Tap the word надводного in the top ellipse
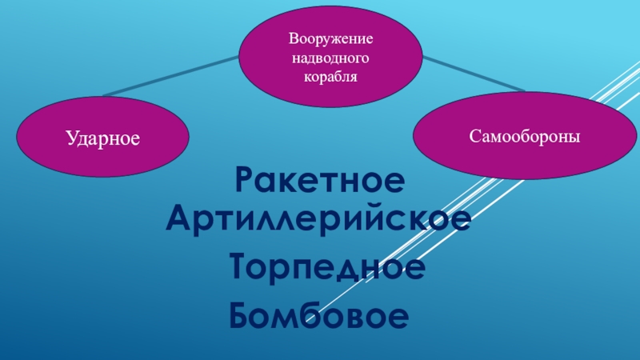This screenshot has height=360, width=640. pos(331,59)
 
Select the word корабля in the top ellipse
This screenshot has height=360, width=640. pos(331,78)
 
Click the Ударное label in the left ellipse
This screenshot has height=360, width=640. pos(102,139)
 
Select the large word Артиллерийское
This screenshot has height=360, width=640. pos(318,217)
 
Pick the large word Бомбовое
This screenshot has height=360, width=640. pos(319,315)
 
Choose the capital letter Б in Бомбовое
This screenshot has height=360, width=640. pos(240,315)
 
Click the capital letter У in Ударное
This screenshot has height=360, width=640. pos(70,139)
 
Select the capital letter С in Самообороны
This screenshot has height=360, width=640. pos(474,138)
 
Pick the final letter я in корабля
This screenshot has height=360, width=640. pos(352,78)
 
